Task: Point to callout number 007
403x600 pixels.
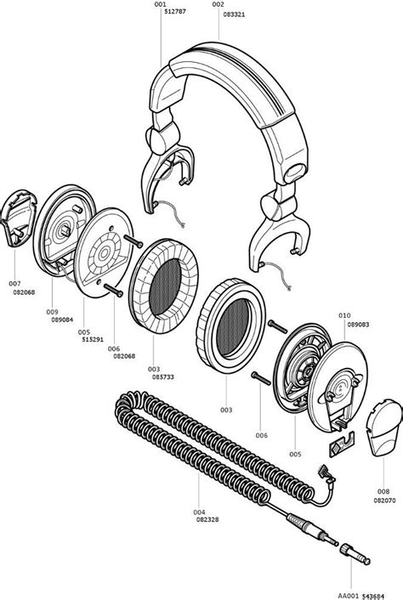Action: (15, 283)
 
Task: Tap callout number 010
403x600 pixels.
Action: (344, 314)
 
